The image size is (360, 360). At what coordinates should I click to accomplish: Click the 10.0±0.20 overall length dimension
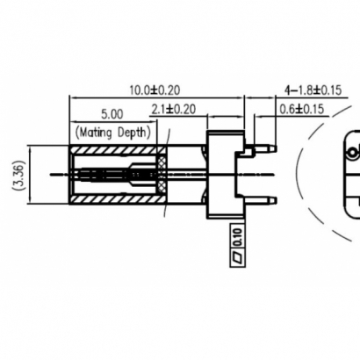[155, 90]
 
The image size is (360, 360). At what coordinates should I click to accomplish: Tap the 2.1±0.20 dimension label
[173, 109]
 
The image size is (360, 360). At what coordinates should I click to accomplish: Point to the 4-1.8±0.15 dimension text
[313, 90]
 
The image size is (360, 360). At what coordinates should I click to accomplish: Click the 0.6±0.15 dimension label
[305, 109]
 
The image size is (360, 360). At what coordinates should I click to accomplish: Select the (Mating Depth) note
[113, 133]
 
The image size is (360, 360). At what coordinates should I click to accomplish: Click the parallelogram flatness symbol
[235, 256]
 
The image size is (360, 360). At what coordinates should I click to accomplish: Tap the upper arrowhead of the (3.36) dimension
[32, 148]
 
